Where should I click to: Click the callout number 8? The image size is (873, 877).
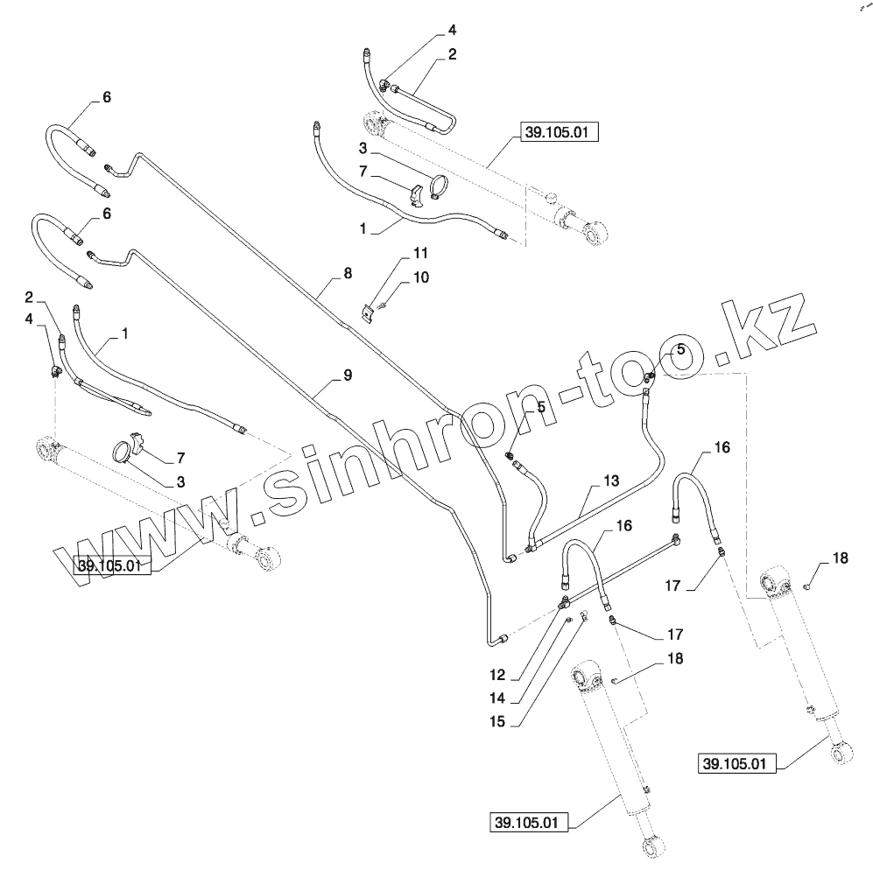(x=348, y=274)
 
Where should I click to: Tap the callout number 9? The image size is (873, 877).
(x=348, y=375)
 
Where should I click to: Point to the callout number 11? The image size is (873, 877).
(x=421, y=253)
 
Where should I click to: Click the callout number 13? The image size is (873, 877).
(x=610, y=481)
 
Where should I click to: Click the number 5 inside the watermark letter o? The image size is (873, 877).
(x=679, y=350)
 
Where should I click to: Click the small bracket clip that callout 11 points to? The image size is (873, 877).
(x=369, y=311)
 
